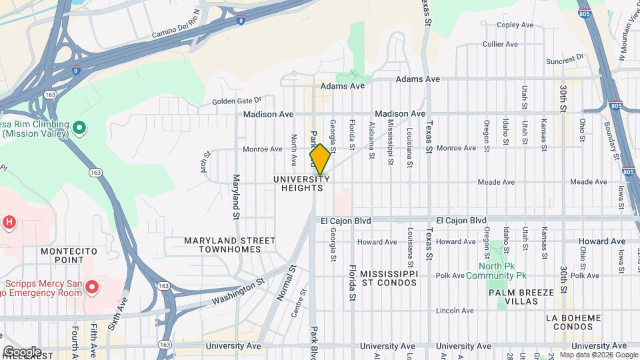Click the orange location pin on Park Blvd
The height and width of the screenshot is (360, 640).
(320, 159)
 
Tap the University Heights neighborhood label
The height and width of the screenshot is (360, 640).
(301, 184)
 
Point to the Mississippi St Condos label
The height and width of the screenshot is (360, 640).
(389, 278)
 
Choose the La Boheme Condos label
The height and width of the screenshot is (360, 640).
(569, 322)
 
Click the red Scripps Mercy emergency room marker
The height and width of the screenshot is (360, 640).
(93, 287)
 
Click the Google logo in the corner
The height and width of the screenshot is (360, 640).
(21, 351)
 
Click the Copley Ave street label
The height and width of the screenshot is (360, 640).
(515, 25)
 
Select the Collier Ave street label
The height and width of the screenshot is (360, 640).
(500, 44)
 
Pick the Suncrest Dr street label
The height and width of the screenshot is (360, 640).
(565, 59)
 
